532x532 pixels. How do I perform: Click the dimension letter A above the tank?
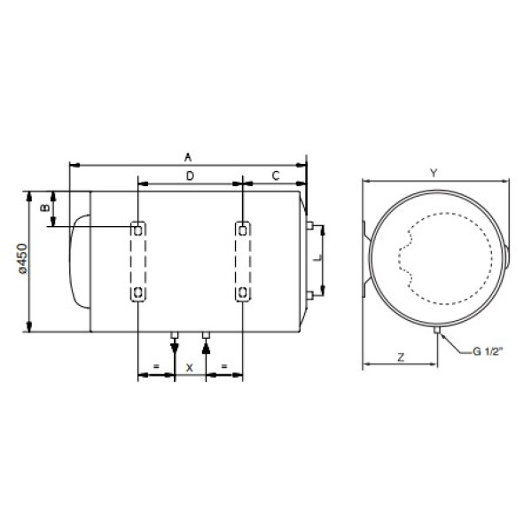click(x=188, y=158)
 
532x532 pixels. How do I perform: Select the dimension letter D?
click(x=190, y=176)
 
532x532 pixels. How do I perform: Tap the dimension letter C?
click(x=276, y=176)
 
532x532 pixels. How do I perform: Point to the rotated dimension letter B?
click(x=45, y=207)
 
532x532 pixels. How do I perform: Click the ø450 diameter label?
click(x=23, y=259)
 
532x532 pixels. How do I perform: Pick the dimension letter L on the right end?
click(x=317, y=259)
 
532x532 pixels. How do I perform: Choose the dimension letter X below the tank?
click(x=190, y=367)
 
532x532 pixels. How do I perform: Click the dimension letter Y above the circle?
click(x=434, y=173)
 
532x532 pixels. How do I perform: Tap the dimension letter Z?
click(x=401, y=357)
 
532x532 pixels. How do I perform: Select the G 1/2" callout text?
click(x=487, y=351)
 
